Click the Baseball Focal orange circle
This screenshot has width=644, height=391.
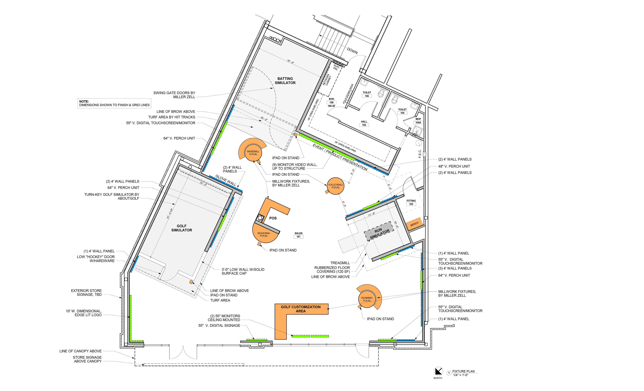pos(253,153)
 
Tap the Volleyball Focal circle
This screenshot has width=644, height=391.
pos(336,186)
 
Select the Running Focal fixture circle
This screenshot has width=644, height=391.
pos(367,299)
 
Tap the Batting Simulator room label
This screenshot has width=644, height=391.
pos(285,81)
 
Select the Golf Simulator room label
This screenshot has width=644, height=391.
pos(182,228)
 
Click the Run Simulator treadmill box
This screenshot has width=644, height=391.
pos(379,231)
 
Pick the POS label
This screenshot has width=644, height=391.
pos(273,218)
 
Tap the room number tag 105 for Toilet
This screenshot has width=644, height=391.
pos(367,96)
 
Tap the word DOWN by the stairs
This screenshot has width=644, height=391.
pos(352,51)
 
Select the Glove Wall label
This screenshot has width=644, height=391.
pos(226,180)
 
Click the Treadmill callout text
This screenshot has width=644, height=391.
pos(340,263)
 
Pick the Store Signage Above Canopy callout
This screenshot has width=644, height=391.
pos(87,359)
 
